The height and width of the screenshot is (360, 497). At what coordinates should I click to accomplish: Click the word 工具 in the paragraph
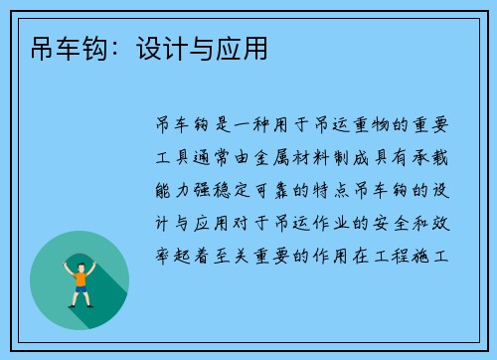[174, 156]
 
